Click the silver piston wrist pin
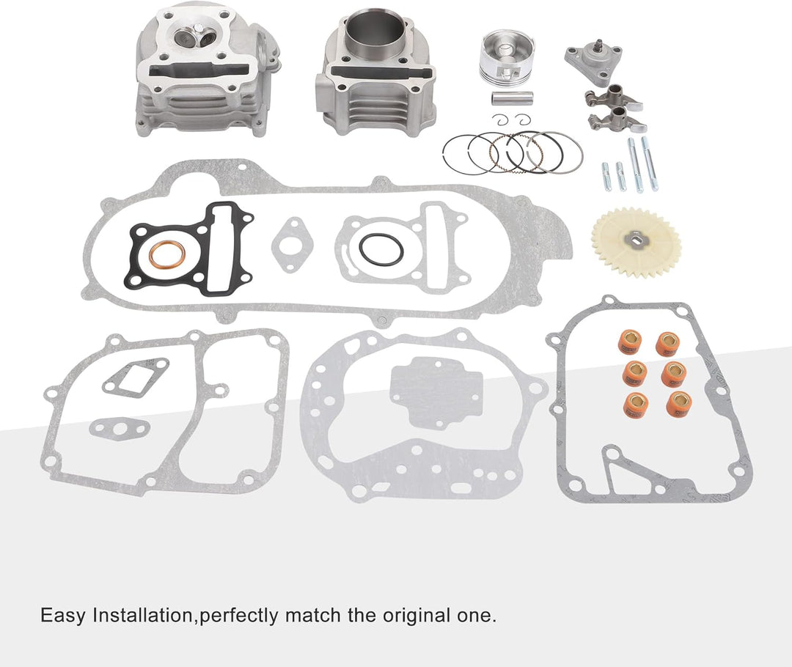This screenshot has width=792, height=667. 512,98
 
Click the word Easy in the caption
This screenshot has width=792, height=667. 63,616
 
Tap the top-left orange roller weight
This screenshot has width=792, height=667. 629,342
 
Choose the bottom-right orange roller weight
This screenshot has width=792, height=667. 679,403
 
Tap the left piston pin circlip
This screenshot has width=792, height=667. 499,120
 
